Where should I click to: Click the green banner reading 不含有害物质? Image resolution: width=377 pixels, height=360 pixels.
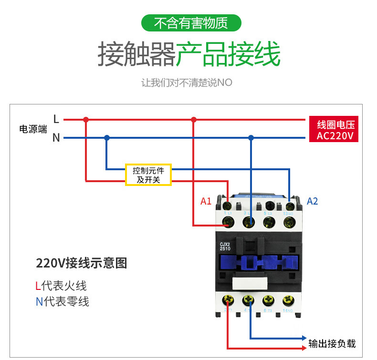(191, 23)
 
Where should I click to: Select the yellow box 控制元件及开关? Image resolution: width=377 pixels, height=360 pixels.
(148, 175)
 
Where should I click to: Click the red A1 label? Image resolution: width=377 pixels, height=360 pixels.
(206, 201)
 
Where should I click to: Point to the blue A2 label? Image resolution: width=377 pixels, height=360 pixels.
(312, 201)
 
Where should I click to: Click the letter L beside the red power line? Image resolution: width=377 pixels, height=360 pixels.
(56, 119)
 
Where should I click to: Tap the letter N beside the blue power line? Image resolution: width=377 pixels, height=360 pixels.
(56, 138)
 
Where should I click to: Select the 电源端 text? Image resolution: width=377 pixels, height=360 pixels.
(33, 129)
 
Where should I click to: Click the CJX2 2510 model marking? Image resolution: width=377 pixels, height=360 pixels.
(225, 246)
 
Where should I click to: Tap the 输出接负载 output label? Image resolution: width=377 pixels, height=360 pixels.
(332, 344)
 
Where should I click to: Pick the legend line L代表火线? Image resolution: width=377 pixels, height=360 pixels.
(61, 286)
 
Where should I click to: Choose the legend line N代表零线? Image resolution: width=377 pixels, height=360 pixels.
(62, 301)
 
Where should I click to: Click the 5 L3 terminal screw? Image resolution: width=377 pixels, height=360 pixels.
(269, 206)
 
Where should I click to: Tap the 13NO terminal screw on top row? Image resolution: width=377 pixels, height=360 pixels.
(288, 206)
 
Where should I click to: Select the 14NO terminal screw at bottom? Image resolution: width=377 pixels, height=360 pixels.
(288, 301)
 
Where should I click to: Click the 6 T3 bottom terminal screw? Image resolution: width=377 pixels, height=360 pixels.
(268, 301)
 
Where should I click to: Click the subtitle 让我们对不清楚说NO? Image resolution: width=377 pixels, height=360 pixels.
(187, 82)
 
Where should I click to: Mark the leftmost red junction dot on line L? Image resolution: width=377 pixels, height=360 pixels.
(86, 119)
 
